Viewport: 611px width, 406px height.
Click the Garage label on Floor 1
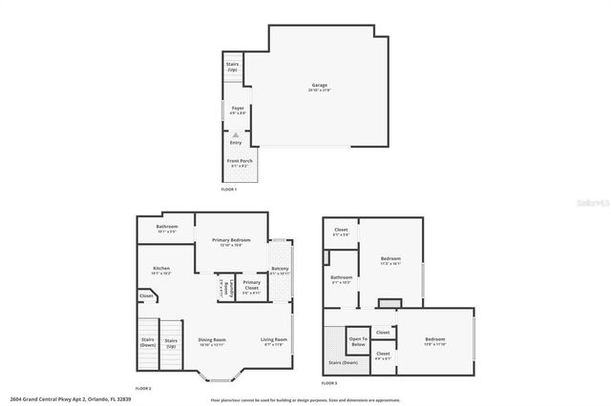[320, 87]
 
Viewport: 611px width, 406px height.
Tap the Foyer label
[238, 110]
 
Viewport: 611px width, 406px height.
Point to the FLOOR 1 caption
[228, 191]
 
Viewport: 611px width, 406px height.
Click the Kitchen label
[161, 270]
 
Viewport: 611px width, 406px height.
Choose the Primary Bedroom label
[233, 241]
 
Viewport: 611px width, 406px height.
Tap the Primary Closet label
[251, 285]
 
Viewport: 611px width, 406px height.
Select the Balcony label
[280, 271]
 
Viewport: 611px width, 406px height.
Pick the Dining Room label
[212, 341]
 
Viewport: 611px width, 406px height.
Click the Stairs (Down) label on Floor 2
[147, 342]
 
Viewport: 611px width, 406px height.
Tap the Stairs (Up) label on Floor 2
[171, 342]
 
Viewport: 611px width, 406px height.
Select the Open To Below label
[358, 339]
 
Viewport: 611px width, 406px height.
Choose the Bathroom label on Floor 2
[166, 228]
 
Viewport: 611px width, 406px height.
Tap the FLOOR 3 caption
[329, 383]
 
